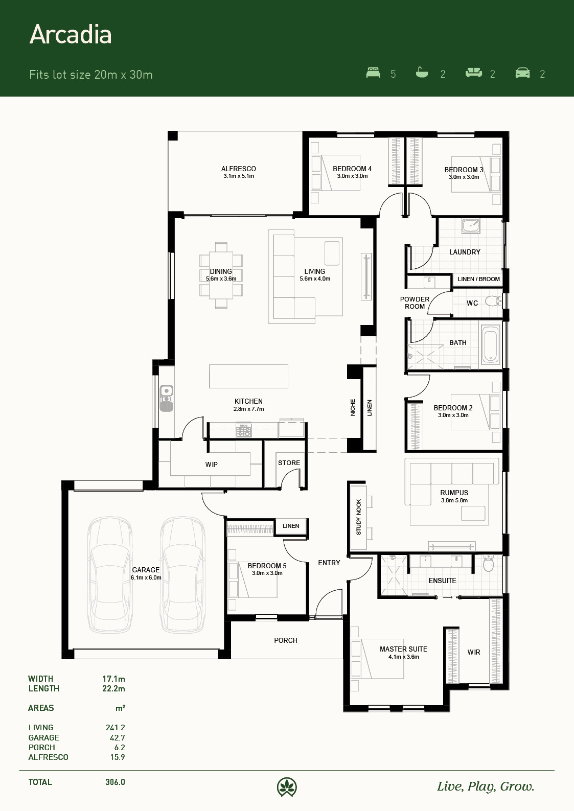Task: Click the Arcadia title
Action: (71, 35)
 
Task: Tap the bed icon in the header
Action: (373, 73)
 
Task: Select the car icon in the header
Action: (522, 73)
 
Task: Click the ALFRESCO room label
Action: (239, 169)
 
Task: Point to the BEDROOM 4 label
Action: (352, 169)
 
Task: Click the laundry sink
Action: (471, 226)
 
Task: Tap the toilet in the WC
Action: (493, 301)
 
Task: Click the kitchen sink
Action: (167, 398)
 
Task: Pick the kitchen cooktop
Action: (244, 430)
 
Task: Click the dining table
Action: (221, 275)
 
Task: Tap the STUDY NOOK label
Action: (358, 517)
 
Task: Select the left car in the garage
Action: (110, 575)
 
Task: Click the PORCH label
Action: (286, 640)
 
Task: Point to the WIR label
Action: (474, 652)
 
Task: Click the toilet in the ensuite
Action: (489, 563)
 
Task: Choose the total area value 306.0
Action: (115, 782)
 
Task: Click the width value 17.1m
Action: (113, 679)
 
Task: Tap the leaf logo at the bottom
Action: (287, 787)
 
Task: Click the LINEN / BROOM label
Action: (479, 279)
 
